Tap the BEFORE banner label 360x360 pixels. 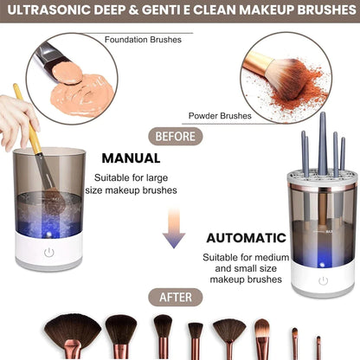coord(179,135)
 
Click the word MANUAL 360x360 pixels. coord(131,158)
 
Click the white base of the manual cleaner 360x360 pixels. coord(50,254)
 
